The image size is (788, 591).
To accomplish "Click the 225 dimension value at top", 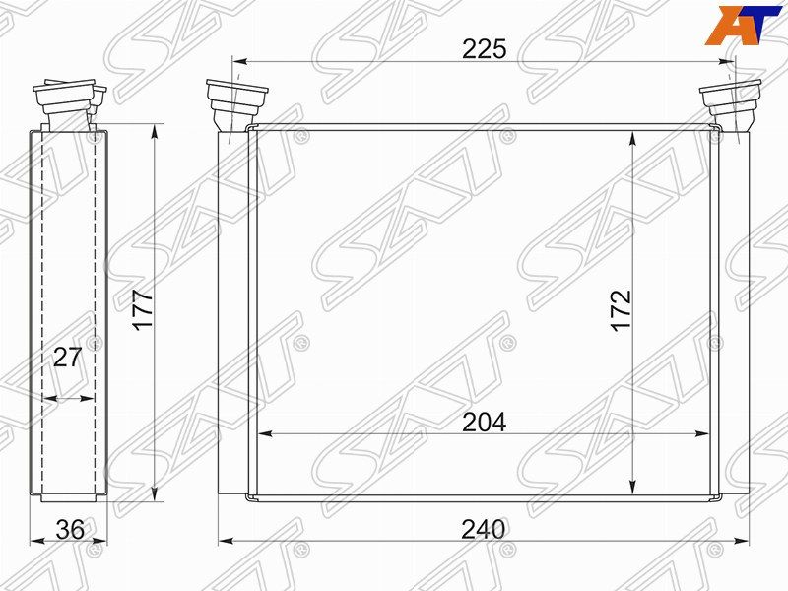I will [484, 49].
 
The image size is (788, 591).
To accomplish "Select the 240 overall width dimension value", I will [483, 529].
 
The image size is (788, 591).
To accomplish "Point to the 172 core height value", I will [620, 310].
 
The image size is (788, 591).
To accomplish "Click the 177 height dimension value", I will [144, 310].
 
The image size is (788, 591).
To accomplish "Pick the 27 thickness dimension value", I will [66, 358].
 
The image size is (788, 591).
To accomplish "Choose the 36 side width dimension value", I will [69, 529].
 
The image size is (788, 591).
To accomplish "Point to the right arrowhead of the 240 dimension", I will [740, 541].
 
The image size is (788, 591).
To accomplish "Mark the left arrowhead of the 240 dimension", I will [225, 541].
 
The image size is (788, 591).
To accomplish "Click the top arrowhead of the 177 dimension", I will [155, 130].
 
